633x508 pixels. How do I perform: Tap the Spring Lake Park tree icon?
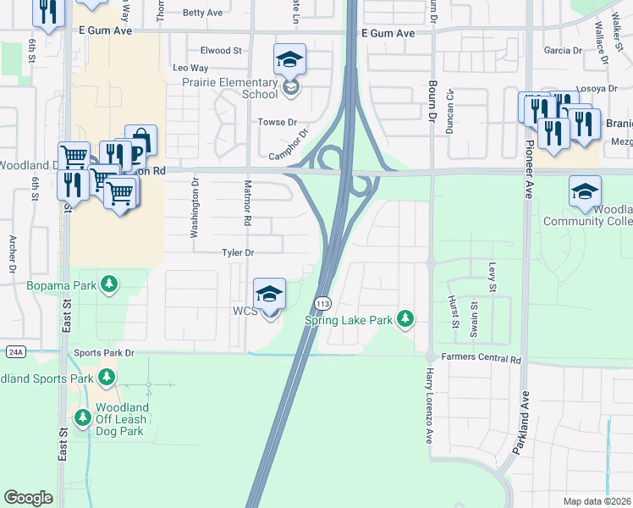tap(406, 319)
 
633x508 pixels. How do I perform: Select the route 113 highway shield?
tap(322, 303)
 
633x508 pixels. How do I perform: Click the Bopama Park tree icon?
tap(108, 284)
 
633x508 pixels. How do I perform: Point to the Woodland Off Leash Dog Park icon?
tap(83, 417)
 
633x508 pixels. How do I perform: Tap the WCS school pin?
tap(270, 295)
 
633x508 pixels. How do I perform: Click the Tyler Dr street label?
tap(237, 252)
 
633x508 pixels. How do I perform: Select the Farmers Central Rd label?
tap(480, 358)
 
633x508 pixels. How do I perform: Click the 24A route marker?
tap(15, 351)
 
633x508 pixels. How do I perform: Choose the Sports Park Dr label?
tap(104, 352)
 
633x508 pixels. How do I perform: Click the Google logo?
tap(28, 498)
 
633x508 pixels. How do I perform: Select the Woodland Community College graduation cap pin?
tap(585, 192)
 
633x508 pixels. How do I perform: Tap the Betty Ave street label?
tap(201, 13)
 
